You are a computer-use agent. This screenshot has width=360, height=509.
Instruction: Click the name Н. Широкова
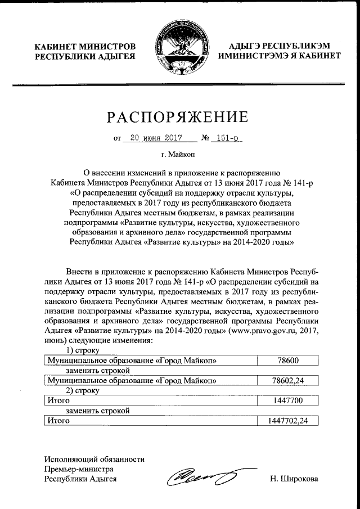294,479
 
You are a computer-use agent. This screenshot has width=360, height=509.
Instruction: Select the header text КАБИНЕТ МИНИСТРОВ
85,46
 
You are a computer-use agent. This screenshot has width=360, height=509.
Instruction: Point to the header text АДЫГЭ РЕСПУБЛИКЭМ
279,46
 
